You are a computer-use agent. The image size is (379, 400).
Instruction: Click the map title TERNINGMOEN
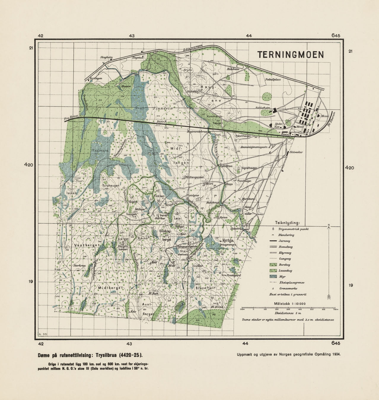290,55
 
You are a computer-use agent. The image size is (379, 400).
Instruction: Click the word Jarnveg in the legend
284,241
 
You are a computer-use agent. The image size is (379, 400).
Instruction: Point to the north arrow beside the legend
329,261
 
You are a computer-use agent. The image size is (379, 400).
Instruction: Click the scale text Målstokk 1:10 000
290,303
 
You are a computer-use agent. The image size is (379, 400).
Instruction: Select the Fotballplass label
273,79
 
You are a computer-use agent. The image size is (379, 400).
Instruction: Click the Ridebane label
233,69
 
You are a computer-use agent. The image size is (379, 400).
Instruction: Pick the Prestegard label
234,275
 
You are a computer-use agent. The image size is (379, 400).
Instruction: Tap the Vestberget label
87,245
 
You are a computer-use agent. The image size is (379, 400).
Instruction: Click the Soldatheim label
263,108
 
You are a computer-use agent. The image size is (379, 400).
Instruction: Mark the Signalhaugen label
249,168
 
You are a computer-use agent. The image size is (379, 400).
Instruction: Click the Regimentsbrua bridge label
197,131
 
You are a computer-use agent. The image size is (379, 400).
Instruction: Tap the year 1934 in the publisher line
336,354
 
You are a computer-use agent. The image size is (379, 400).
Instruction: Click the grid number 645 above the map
336,36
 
